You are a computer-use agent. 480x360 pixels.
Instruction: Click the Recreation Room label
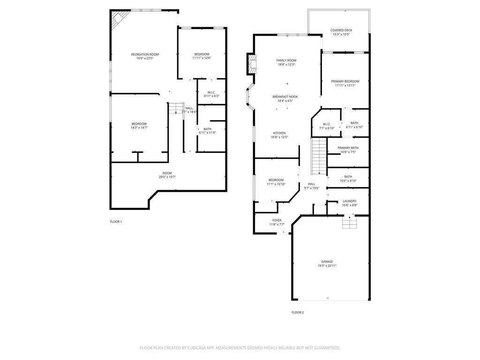click(144, 54)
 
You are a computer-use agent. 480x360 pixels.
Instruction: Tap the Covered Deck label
click(341, 30)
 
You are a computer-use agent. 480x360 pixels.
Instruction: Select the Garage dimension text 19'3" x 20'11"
click(327, 266)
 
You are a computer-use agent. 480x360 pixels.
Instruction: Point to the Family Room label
click(286, 60)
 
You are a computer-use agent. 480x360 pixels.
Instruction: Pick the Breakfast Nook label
click(285, 97)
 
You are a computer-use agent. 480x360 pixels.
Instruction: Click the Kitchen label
click(279, 133)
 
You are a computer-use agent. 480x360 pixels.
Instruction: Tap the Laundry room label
click(349, 201)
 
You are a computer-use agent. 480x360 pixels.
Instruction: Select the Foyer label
click(277, 220)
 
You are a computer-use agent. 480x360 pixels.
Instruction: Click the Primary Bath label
click(348, 148)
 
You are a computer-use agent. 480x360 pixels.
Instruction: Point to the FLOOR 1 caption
click(116, 222)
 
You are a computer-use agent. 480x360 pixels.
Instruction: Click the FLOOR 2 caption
click(298, 312)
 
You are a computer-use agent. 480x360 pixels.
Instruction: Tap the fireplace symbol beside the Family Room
click(252, 64)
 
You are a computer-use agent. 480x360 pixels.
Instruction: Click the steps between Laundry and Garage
click(349, 222)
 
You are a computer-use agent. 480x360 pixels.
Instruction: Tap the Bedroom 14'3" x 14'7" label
click(139, 124)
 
